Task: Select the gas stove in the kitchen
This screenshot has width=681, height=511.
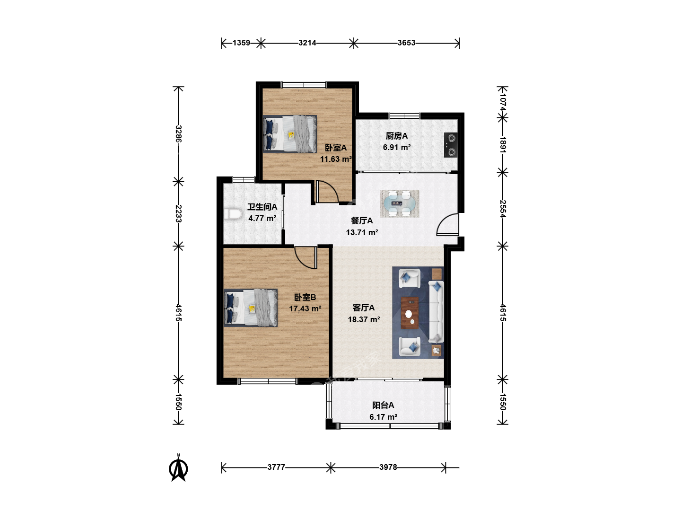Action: (451, 145)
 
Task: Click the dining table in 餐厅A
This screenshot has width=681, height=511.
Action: (399, 203)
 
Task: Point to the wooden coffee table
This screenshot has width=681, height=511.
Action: (410, 313)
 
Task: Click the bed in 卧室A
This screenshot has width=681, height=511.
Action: (290, 134)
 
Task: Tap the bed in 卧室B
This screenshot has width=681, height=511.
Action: (250, 308)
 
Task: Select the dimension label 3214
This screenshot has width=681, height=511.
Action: (307, 43)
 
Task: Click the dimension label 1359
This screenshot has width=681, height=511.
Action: (241, 43)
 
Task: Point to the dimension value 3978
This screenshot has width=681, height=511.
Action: (388, 467)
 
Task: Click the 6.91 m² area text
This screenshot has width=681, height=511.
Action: (397, 147)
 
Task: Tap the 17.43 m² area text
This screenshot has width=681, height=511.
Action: (305, 308)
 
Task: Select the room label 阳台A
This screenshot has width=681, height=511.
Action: (383, 405)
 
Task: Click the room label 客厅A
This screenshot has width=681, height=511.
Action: (364, 308)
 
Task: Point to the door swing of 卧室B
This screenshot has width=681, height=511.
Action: (306, 257)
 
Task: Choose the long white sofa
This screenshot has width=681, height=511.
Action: (436, 312)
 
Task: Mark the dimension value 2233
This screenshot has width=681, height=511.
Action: (178, 213)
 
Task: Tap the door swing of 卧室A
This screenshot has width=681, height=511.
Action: (327, 193)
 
